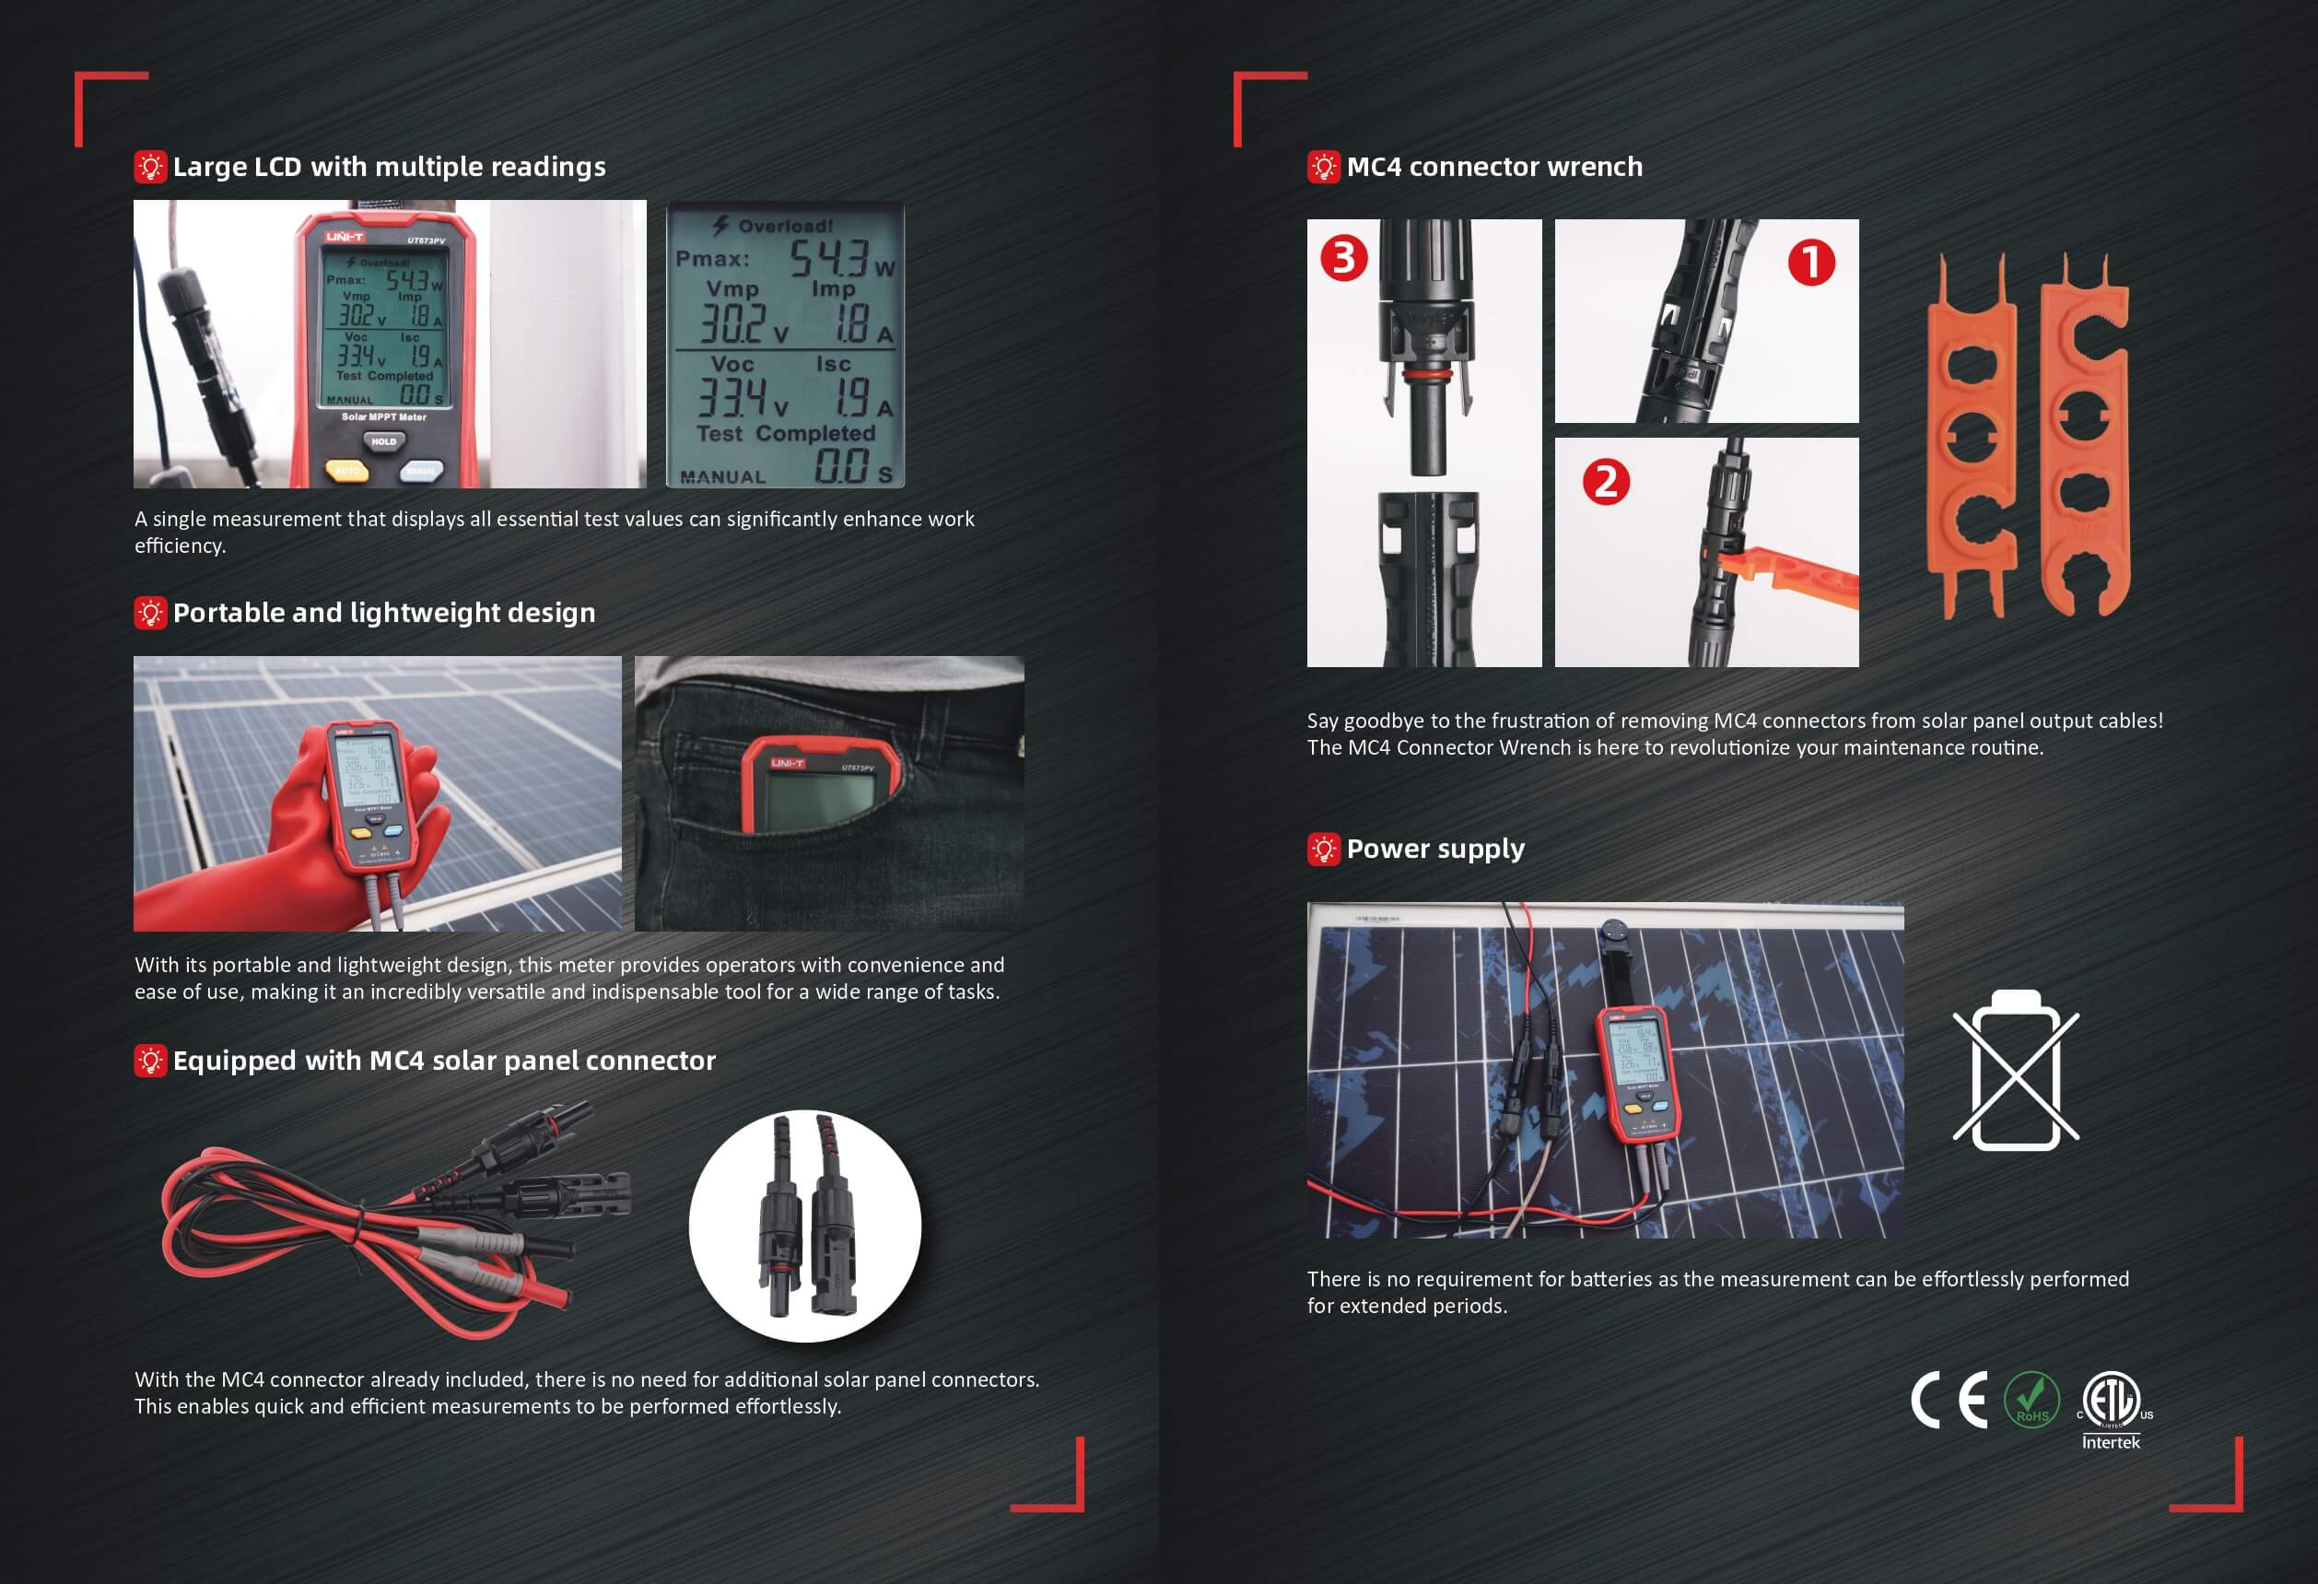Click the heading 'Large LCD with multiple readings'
(x=389, y=167)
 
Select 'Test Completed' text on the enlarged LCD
(x=785, y=434)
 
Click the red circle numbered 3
(x=1343, y=258)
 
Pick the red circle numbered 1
(x=1810, y=263)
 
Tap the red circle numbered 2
(x=1606, y=482)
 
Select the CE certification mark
(x=1949, y=1400)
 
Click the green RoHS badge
(x=2031, y=1401)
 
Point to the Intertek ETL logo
(x=2111, y=1408)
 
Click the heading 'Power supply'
(x=1434, y=849)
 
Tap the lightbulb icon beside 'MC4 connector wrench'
(x=1324, y=167)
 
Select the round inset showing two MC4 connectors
(x=804, y=1225)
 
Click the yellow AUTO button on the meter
(x=346, y=470)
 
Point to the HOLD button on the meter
(x=384, y=440)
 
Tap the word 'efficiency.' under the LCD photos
(x=181, y=546)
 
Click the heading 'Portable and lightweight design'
(x=384, y=613)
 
